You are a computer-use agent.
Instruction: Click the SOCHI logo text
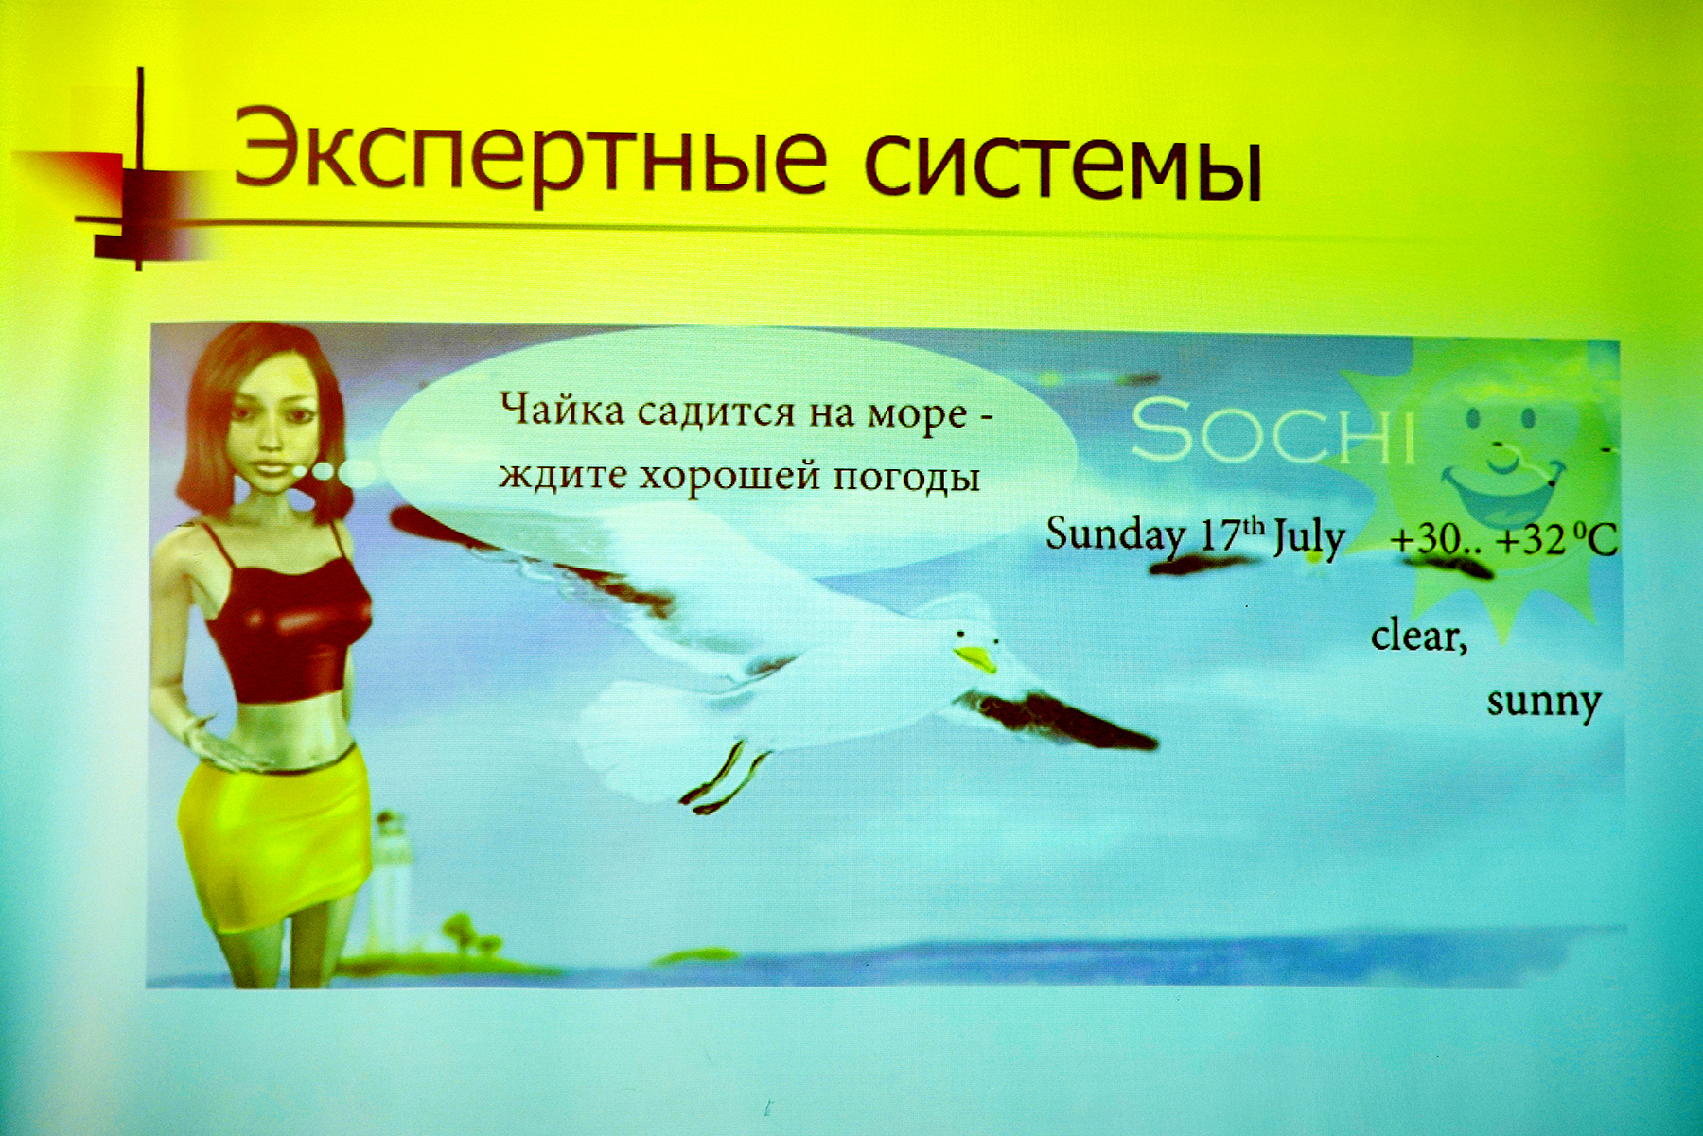tap(1273, 431)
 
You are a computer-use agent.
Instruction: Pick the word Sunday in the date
tap(1115, 535)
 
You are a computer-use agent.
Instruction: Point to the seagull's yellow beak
tap(976, 658)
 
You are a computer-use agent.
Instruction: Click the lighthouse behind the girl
tap(389, 880)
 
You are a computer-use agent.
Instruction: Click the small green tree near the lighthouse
tap(462, 932)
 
